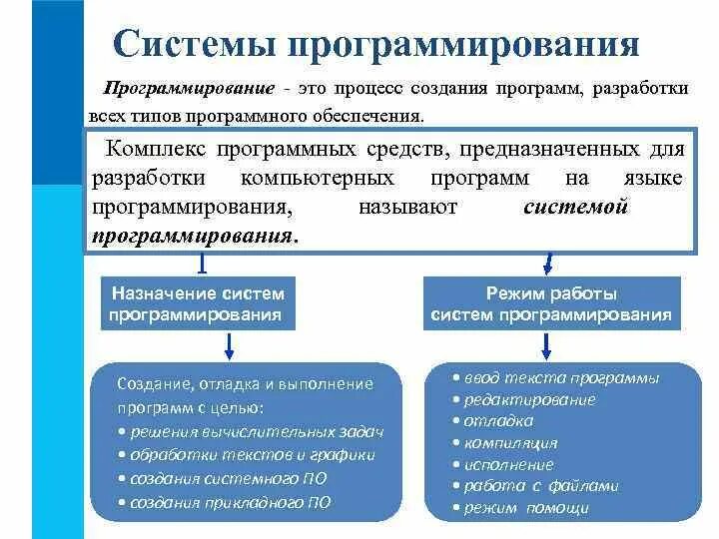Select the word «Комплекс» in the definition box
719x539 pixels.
point(161,150)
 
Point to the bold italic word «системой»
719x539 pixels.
point(575,208)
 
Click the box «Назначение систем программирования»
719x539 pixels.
point(198,303)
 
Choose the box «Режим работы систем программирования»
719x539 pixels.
point(551,303)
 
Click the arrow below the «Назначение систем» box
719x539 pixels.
point(230,344)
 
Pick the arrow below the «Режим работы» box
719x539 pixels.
point(547,344)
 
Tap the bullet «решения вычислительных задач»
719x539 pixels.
point(251,431)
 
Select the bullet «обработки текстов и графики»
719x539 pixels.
point(246,454)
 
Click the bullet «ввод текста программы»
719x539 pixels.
point(555,378)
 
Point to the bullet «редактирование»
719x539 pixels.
point(523,399)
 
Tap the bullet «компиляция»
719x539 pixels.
point(504,443)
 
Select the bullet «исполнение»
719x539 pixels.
point(502,464)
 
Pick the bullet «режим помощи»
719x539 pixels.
point(520,508)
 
